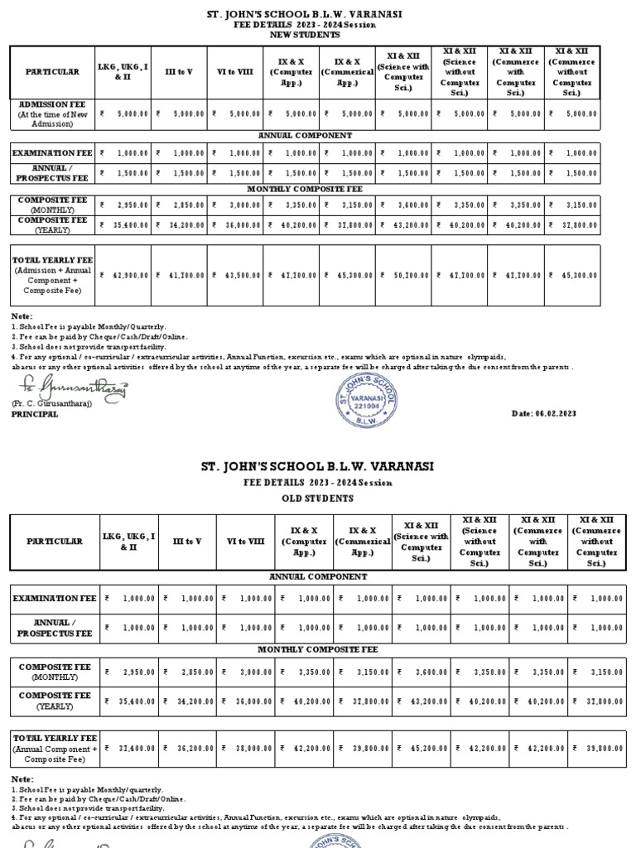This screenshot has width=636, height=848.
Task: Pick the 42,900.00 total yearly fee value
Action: point(126,275)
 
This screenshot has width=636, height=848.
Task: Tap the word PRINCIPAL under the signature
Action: point(35,414)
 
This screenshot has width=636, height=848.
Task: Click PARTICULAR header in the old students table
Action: point(55,541)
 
